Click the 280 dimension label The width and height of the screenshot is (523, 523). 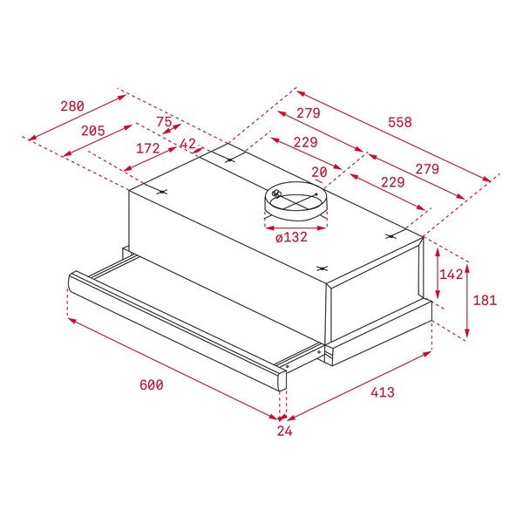coord(72,106)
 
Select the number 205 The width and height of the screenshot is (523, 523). coord(92,131)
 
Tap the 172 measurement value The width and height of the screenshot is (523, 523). coord(148,149)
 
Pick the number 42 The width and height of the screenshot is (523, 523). coord(188,144)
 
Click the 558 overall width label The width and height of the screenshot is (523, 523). coord(399,122)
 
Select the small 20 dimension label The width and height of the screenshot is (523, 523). coord(319,173)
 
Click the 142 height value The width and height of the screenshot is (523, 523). coord(451,275)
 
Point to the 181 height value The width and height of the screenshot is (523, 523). coord(484,300)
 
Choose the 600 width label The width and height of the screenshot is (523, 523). coord(151,384)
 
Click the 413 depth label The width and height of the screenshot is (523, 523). coord(382,393)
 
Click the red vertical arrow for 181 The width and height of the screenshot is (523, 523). coord(468,300)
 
